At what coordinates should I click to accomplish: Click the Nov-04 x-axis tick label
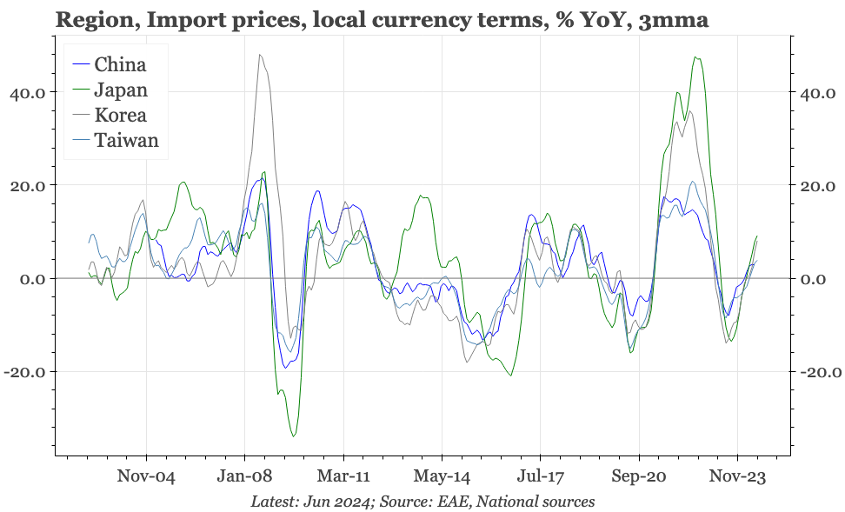pyautogui.click(x=146, y=476)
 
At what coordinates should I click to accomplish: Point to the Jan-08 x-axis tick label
pyautogui.click(x=244, y=476)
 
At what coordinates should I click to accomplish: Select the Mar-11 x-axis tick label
pyautogui.click(x=343, y=476)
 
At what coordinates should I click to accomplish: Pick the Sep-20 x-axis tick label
pyautogui.click(x=639, y=476)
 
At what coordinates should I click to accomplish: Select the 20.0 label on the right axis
pyautogui.click(x=819, y=186)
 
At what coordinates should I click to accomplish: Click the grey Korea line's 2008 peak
pyautogui.click(x=260, y=55)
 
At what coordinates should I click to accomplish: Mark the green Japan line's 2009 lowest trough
pyautogui.click(x=294, y=436)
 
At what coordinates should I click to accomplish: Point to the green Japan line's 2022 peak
pyautogui.click(x=695, y=57)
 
